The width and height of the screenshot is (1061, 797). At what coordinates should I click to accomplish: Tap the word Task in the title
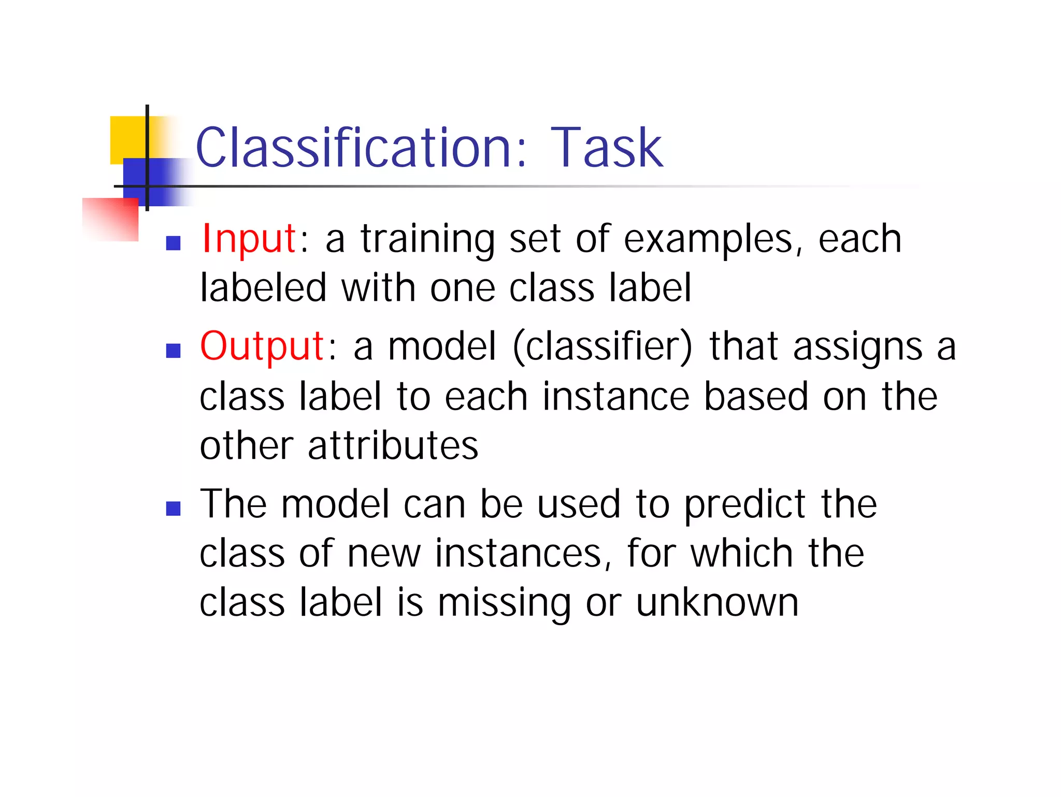[x=606, y=148]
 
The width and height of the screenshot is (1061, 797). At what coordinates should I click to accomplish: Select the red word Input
[x=249, y=239]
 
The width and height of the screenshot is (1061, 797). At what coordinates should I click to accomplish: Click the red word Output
[x=262, y=346]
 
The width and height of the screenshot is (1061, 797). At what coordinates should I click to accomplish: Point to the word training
[x=428, y=239]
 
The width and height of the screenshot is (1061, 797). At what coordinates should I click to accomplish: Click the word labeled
[x=264, y=288]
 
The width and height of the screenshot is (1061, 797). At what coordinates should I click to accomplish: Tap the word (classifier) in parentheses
[x=603, y=346]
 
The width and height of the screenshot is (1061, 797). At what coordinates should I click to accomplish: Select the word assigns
[x=857, y=346]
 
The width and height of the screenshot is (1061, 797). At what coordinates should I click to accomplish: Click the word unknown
[x=717, y=603]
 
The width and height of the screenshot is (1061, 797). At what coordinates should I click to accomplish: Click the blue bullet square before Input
[x=173, y=243]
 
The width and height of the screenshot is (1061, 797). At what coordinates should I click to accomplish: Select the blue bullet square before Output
[x=173, y=351]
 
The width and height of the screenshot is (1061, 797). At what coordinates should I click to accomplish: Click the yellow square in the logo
[x=127, y=138]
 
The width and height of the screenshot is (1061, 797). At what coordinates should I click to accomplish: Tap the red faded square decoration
[x=111, y=220]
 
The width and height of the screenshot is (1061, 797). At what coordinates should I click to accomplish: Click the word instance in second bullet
[x=616, y=397]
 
